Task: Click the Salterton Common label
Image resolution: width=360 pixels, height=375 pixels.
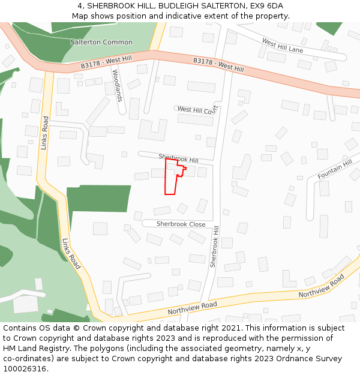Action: [101, 42]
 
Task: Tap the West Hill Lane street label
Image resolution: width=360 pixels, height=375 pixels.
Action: [283, 45]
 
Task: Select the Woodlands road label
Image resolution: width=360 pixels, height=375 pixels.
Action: [117, 85]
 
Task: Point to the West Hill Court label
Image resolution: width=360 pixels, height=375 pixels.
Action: [197, 110]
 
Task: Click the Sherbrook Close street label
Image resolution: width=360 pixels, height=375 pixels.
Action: [181, 224]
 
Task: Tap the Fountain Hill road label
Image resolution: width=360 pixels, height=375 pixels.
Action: [335, 170]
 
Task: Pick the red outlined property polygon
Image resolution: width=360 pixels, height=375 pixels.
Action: [171, 180]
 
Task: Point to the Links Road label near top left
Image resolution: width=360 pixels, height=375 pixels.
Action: [44, 133]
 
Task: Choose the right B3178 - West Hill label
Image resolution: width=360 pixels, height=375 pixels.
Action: [218, 65]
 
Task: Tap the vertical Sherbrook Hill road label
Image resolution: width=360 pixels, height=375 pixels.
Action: [214, 246]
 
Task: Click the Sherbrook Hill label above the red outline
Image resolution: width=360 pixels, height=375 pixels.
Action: [178, 158]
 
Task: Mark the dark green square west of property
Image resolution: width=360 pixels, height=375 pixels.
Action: [99, 197]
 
